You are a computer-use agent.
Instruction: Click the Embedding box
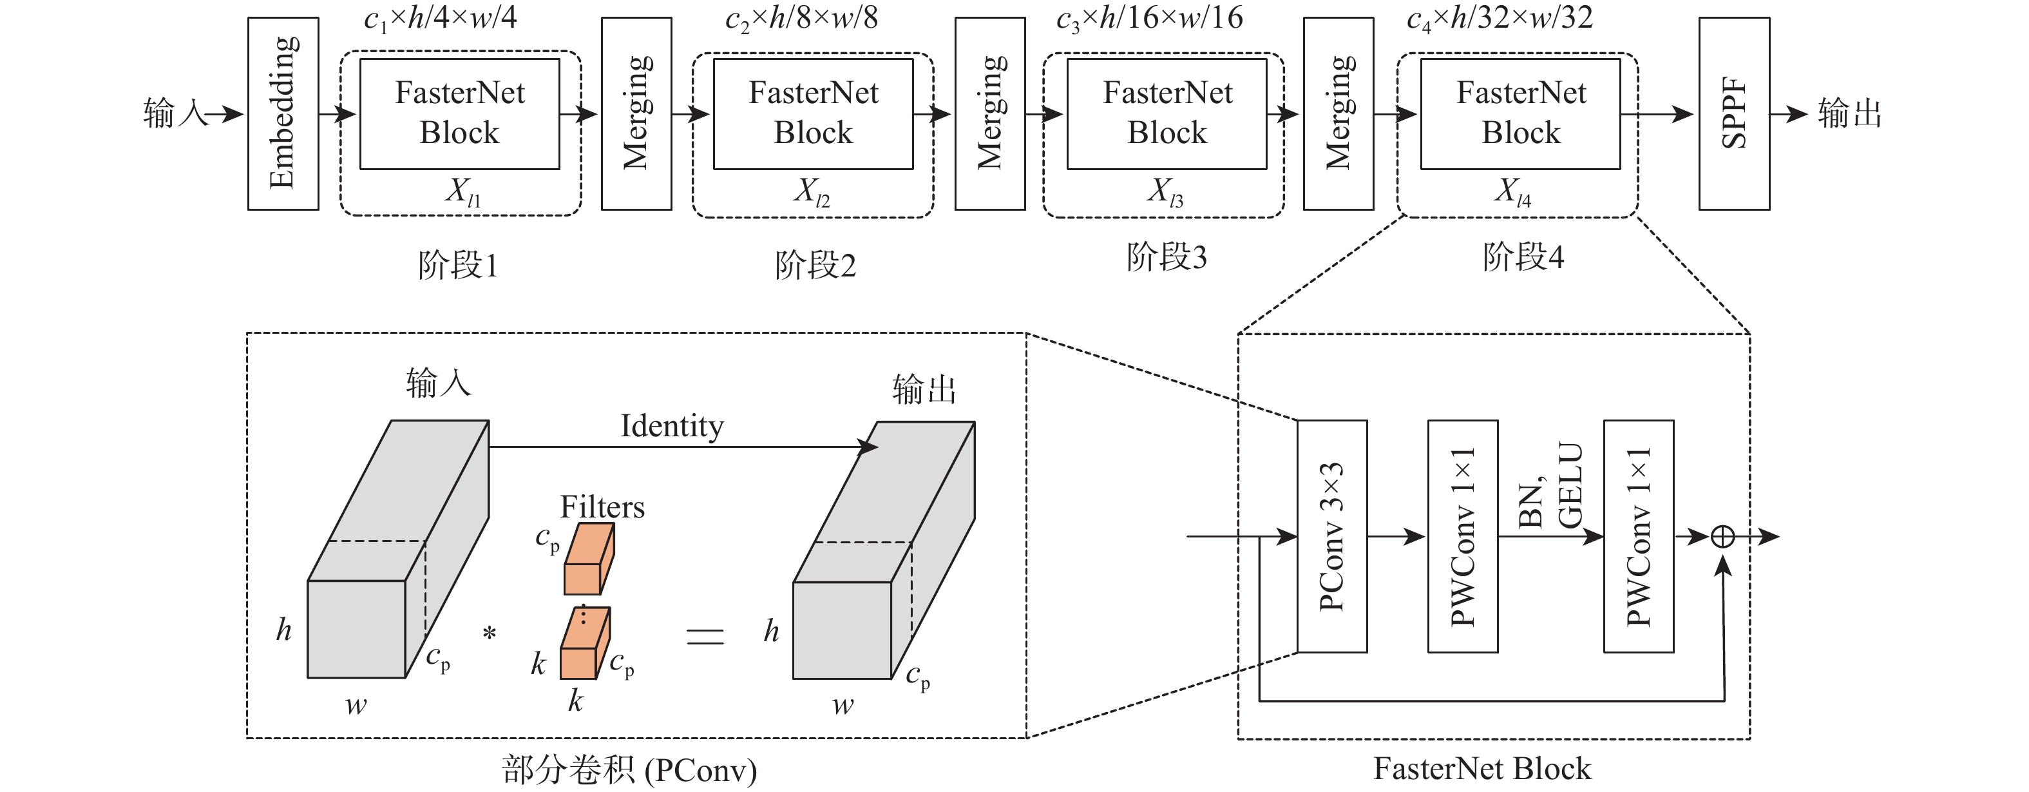(283, 113)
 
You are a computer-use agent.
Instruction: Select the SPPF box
(1733, 113)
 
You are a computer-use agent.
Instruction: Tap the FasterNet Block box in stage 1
(459, 113)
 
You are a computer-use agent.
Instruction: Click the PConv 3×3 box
(1332, 536)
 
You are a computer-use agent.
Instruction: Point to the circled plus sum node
(1722, 537)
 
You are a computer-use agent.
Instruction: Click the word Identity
(672, 427)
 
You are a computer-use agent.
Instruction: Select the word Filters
(602, 507)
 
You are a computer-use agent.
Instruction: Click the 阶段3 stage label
(1167, 257)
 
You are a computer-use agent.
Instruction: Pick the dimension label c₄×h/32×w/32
(1500, 17)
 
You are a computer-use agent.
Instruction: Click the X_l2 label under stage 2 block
(812, 191)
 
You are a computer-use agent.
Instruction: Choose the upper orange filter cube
(588, 559)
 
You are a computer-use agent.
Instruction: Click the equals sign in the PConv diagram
(705, 636)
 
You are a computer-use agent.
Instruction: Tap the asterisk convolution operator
(489, 633)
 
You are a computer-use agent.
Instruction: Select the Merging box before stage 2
(636, 113)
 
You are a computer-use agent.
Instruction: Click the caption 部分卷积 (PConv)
(629, 770)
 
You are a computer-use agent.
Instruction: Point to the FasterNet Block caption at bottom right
(1481, 768)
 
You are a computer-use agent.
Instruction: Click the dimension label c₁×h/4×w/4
(441, 17)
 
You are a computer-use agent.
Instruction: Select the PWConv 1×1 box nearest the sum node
(1638, 536)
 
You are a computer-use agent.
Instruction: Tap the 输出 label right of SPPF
(1849, 113)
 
